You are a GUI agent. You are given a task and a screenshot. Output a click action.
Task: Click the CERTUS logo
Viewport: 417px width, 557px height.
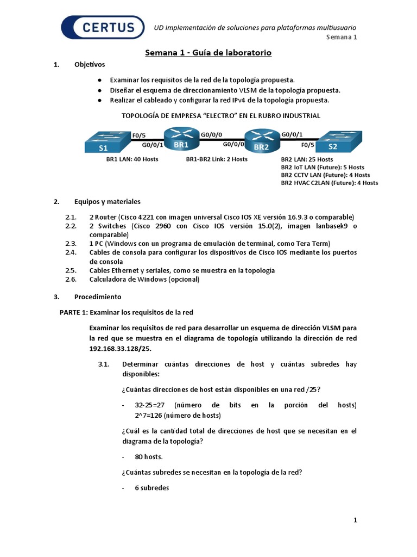tap(103, 28)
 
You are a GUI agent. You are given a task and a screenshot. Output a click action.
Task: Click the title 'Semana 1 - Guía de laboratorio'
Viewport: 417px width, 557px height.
tap(208, 53)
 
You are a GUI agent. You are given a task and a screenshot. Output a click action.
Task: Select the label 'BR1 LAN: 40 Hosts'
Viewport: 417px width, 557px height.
tap(131, 159)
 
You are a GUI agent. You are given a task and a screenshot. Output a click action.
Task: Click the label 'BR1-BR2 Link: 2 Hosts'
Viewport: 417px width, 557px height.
tap(217, 159)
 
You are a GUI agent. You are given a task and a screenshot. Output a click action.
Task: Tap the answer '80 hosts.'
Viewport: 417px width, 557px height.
tap(149, 457)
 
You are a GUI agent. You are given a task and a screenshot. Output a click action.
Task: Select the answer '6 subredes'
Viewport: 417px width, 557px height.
tap(152, 488)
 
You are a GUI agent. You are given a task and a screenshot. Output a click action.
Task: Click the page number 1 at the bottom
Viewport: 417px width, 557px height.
tap(355, 521)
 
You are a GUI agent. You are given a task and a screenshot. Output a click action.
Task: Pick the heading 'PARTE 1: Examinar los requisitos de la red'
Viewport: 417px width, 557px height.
tap(126, 313)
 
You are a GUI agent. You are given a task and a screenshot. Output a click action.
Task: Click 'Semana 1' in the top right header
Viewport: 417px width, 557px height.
tap(342, 38)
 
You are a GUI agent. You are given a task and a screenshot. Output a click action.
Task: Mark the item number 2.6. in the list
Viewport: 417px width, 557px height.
tap(71, 280)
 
